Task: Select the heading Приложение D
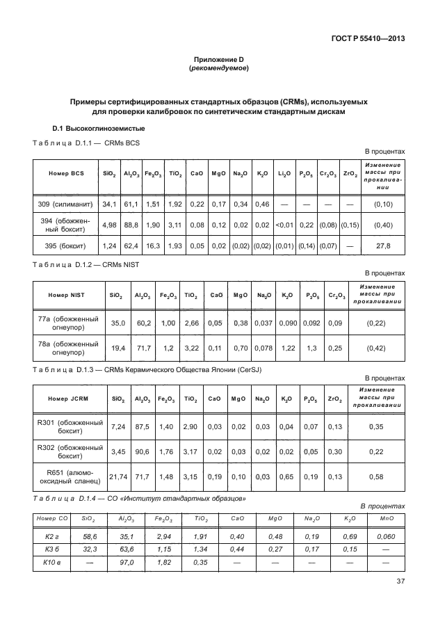click(219, 61)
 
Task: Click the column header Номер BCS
click(66, 174)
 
